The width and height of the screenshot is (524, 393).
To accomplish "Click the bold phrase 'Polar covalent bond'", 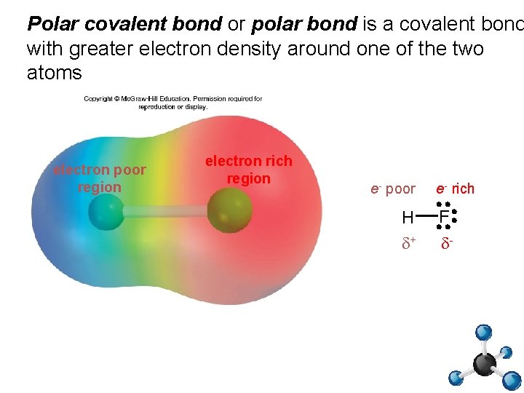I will coord(124,24).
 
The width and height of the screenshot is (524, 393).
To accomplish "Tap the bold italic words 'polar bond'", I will coord(304,24).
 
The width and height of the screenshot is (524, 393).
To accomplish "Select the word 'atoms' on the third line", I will coord(55,74).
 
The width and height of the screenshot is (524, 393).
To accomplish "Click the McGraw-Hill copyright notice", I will coord(172,103).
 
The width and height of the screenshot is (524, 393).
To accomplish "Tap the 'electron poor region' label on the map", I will coord(100,178).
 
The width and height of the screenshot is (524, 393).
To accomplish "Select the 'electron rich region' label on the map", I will coord(248,170).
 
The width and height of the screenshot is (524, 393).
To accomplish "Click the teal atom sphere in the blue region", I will coord(106,214).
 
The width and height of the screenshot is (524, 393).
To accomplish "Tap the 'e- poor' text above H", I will coord(393,189).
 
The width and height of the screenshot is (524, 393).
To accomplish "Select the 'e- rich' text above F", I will coord(455,189).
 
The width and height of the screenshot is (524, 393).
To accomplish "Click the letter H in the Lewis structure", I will coord(408,217).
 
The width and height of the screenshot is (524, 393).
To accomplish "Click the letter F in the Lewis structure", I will coord(444,217).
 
